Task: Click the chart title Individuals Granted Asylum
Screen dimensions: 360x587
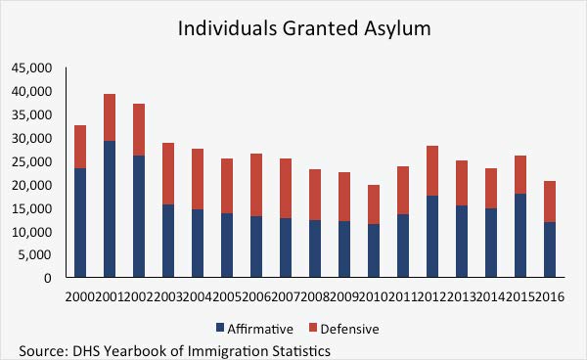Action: (304, 28)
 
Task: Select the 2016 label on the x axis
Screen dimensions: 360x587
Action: (552, 295)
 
